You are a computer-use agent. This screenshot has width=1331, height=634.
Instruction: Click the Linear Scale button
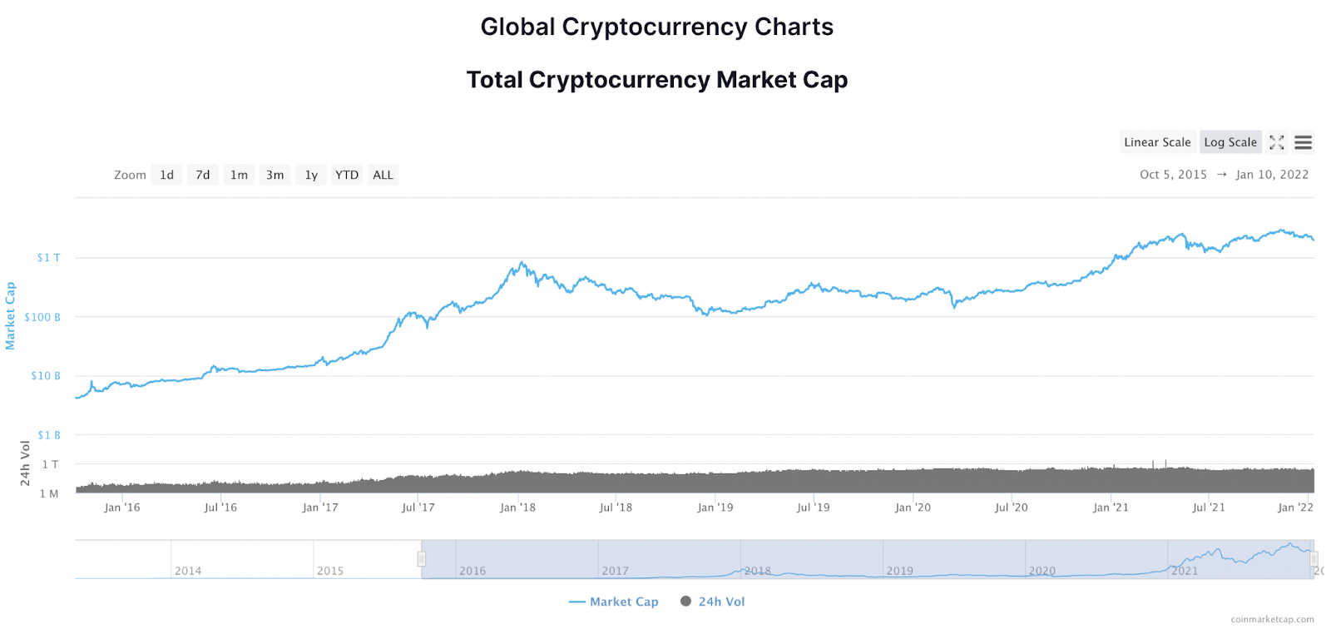coord(1157,142)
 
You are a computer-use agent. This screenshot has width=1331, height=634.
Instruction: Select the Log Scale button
coord(1230,142)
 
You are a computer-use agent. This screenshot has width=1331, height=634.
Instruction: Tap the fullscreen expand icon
coord(1277,142)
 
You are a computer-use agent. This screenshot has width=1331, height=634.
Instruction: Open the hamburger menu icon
coord(1304,142)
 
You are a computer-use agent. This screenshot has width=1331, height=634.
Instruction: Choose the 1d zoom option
coord(167,175)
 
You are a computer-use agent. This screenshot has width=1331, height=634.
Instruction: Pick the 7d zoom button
coord(203,175)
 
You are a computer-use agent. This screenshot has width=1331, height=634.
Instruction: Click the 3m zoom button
coord(275,175)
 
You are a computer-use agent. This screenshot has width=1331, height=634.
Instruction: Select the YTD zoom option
coord(347,175)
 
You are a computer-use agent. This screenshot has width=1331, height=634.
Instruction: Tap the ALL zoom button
coord(383,175)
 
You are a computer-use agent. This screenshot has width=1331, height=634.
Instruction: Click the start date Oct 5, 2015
coord(1173,175)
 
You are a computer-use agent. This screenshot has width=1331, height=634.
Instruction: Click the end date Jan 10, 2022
coord(1272,175)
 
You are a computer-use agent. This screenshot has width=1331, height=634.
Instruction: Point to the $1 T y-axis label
coord(48,258)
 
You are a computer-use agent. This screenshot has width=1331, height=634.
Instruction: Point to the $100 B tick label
coord(42,317)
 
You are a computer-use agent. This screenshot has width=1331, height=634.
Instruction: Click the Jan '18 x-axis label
coord(517,508)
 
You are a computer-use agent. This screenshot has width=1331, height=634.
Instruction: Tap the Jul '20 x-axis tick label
coord(1012,508)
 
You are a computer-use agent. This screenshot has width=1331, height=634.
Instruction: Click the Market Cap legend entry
coord(614,602)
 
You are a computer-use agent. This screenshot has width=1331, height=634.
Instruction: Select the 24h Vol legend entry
coord(713,602)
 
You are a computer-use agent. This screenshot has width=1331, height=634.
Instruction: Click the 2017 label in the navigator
coord(616,571)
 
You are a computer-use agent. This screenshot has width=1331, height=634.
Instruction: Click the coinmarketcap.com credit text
coord(1273,619)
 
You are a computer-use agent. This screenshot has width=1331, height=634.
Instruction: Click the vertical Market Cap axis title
coord(11,316)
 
